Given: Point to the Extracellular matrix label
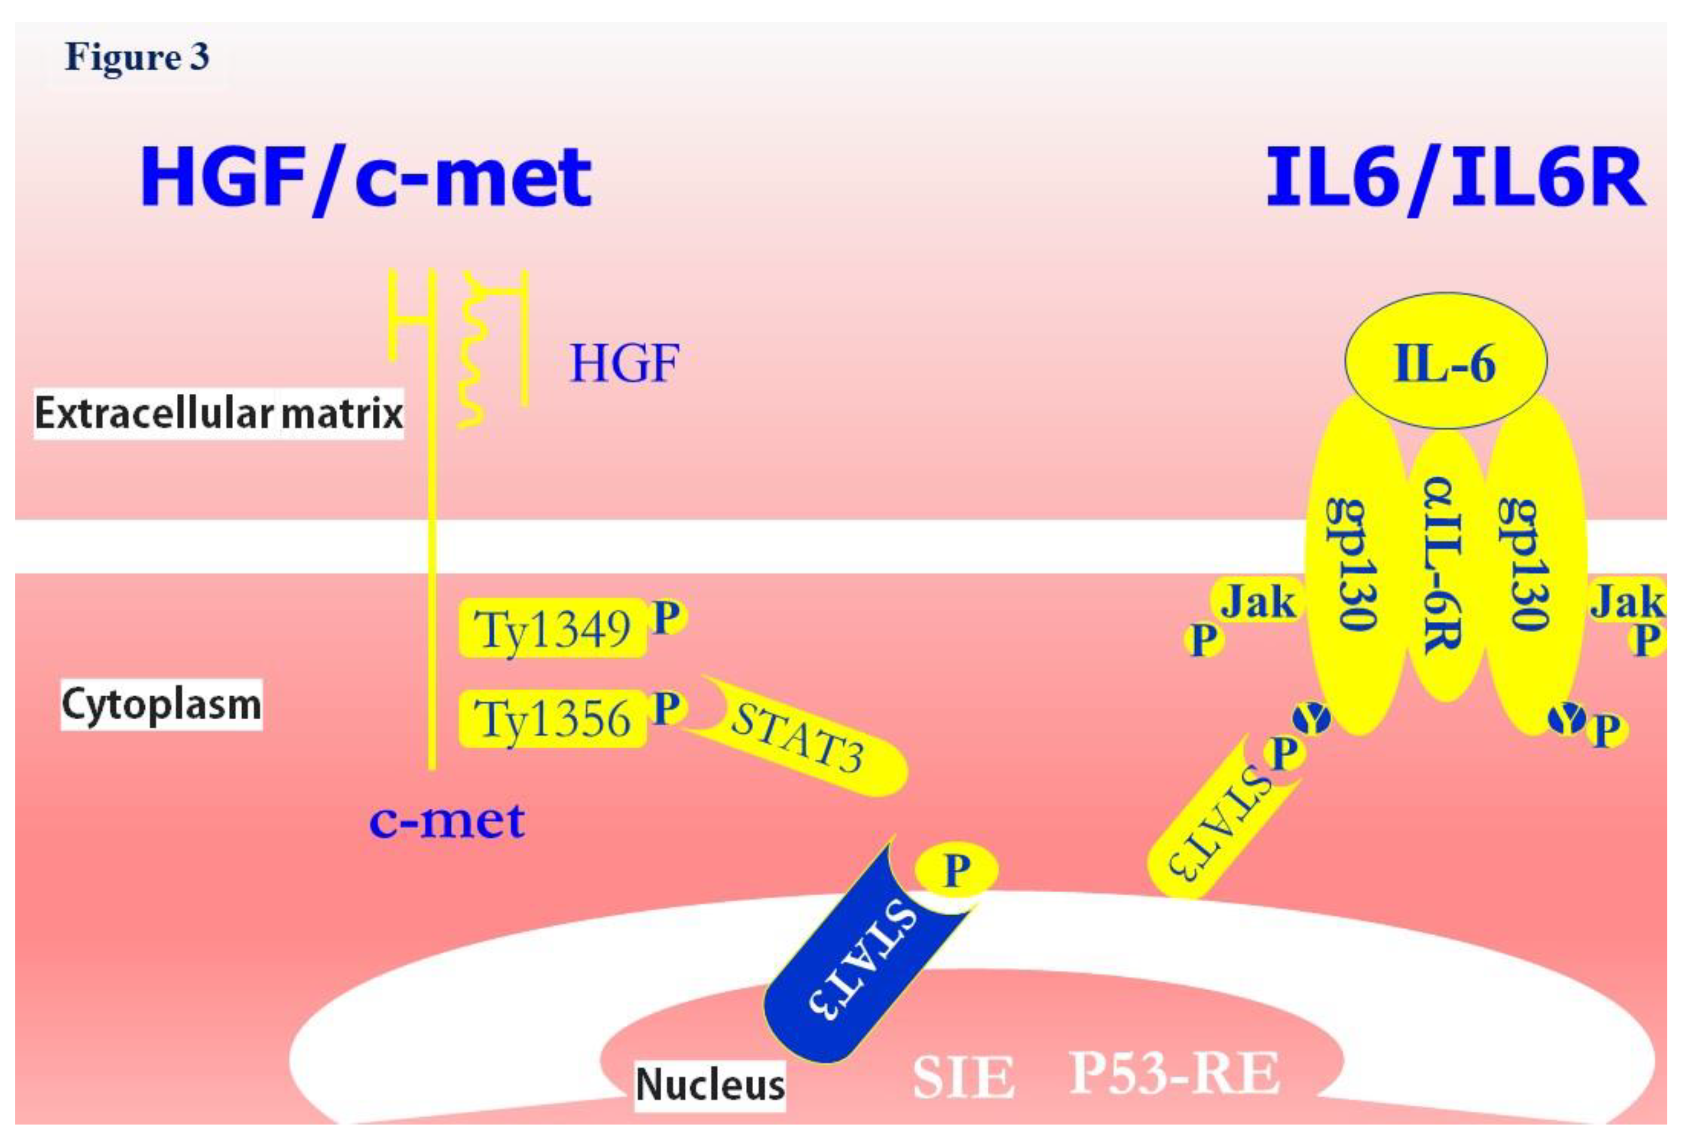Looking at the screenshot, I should coord(218,413).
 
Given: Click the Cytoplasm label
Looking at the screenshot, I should coord(161,704).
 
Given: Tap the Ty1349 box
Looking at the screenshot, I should coord(552,628).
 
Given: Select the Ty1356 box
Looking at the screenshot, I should coord(552,718).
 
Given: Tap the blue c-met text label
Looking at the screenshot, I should coord(447,821).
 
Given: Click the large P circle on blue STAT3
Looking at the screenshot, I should coord(956,869).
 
